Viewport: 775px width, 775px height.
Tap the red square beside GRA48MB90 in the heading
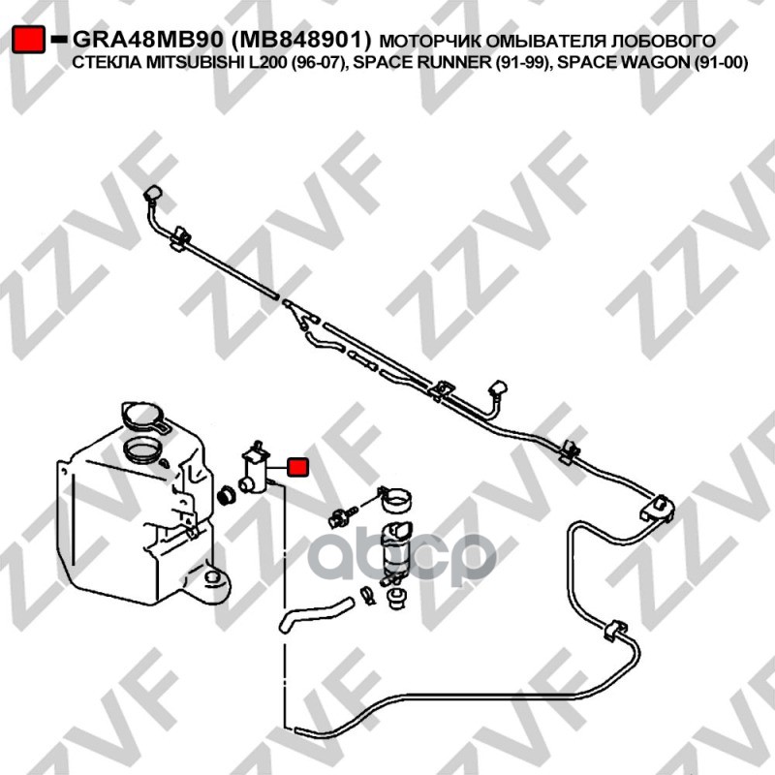[x=29, y=40]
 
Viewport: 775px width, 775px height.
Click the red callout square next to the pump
[x=298, y=467]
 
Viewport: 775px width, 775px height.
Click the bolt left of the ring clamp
[x=342, y=511]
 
